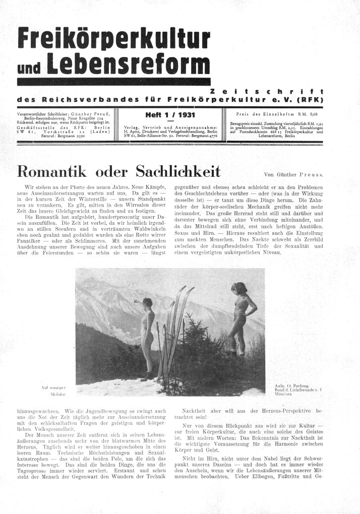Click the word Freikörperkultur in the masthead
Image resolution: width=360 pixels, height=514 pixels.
(x=112, y=37)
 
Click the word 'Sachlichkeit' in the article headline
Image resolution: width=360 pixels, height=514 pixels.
(x=172, y=171)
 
